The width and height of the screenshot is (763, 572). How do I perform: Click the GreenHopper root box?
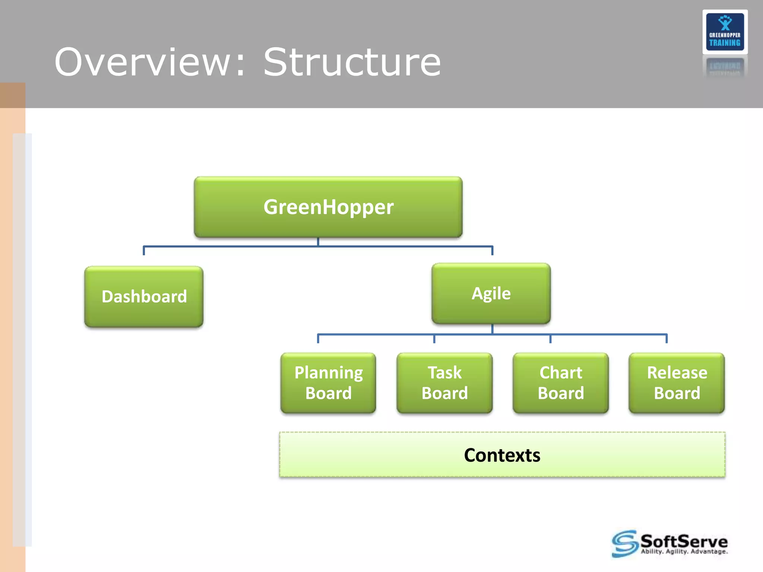[328, 207]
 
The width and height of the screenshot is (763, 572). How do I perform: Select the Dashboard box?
[144, 297]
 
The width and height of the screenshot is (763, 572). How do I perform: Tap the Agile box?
[491, 293]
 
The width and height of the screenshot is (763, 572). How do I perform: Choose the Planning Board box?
[328, 383]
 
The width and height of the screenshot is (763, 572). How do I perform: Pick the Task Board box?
[444, 383]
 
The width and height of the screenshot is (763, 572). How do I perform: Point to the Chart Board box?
[561, 383]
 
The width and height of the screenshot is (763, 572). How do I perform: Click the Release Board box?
[677, 383]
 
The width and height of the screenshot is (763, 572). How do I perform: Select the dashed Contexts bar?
[502, 455]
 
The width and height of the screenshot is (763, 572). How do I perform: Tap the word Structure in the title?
[352, 63]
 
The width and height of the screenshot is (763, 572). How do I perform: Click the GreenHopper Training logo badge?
[725, 32]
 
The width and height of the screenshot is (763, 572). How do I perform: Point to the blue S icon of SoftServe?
[624, 544]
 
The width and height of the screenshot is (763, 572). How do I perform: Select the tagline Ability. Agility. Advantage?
[684, 552]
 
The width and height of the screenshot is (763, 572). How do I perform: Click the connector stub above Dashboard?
[144, 251]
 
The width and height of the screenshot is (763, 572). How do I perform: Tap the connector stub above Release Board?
[667, 339]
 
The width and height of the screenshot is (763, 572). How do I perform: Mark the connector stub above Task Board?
[434, 339]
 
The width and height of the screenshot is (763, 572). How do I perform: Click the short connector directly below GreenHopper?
[318, 242]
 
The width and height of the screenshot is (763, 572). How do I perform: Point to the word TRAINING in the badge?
[725, 43]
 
